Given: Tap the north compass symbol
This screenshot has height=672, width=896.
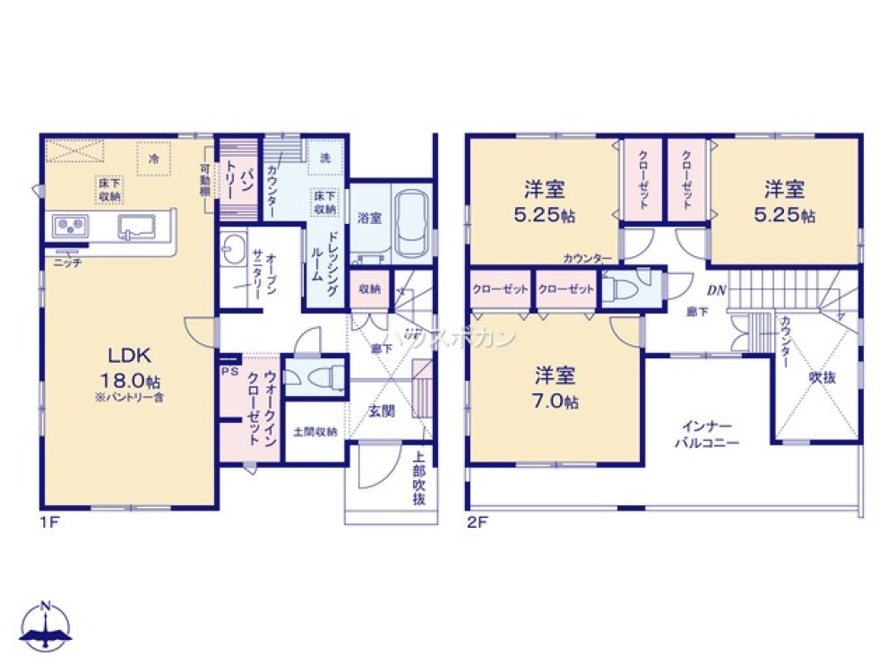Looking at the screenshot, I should point(47,625).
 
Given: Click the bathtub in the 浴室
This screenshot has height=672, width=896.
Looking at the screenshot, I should point(410,224).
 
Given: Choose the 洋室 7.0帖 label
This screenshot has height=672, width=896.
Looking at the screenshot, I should point(556,388).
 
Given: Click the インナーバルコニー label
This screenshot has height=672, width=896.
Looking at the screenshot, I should point(708,435).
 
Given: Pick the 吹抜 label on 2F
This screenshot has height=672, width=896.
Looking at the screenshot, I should point(822,378).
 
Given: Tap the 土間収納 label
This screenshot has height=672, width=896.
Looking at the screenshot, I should point(315,432).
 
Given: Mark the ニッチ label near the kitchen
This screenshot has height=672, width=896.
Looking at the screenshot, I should point(67,262).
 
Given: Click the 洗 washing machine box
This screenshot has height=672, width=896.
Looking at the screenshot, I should point(322,155).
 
